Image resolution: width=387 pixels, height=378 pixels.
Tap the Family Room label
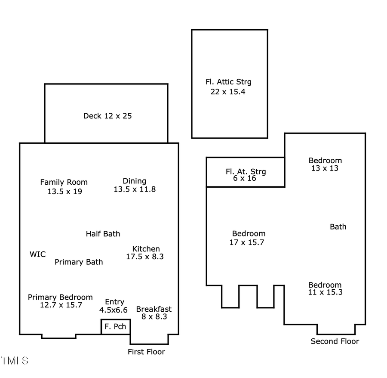64,182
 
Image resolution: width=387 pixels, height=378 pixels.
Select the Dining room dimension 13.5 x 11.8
135,189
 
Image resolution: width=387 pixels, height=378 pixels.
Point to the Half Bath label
103,234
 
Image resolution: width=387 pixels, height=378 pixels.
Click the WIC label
37,254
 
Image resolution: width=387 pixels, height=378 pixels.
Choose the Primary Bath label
79,262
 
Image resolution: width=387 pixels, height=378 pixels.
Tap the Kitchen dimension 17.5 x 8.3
145,257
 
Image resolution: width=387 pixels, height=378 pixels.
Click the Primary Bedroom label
60,297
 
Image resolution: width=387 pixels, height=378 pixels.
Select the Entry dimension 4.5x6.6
114,310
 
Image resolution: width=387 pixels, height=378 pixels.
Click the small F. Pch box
115,327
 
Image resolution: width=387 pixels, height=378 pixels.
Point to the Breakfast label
154,309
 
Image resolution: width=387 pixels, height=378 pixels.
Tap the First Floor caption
146,352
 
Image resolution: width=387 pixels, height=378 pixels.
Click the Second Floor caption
335,341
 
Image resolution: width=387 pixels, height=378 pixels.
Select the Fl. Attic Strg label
228,82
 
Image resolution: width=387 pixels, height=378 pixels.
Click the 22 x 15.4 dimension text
228,92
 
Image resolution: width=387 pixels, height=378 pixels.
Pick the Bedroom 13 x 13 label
325,161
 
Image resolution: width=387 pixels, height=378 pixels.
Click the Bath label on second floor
338,226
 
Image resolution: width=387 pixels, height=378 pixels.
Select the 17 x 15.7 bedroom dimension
247,242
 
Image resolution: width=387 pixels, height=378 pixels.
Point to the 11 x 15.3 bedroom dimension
325,292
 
